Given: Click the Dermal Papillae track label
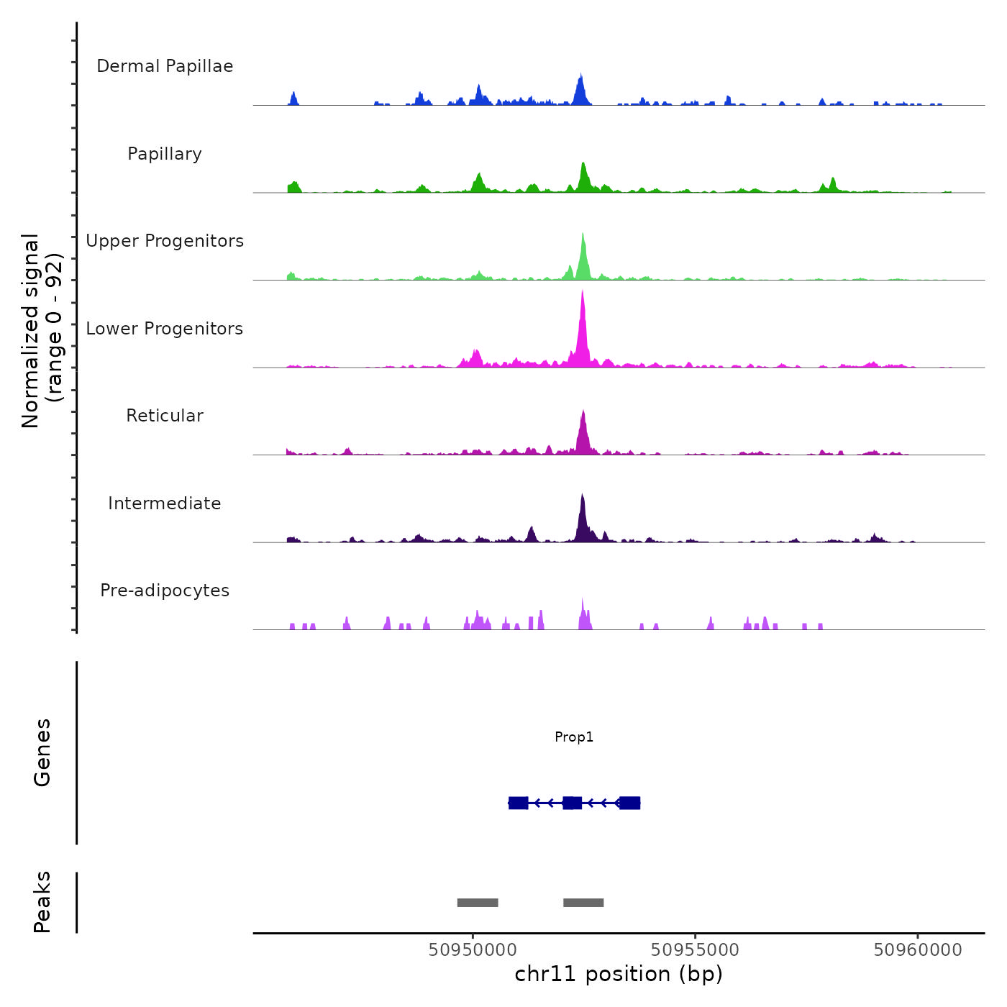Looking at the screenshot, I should tap(165, 66).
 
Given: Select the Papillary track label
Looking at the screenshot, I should tap(165, 154).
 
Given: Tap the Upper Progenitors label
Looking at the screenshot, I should tap(165, 241).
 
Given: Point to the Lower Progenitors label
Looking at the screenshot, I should tap(165, 329).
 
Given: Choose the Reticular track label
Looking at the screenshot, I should tap(165, 416).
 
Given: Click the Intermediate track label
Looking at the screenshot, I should tap(165, 503).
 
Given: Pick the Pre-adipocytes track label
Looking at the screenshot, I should tap(165, 591).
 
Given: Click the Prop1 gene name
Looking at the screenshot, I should tap(574, 737).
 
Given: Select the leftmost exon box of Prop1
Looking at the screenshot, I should tap(518, 803).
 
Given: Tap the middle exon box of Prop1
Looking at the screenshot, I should tap(572, 803).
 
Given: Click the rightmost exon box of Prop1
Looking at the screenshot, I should tap(629, 803).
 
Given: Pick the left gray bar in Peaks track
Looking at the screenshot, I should tap(478, 903).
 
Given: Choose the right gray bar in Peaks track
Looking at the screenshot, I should tap(583, 903).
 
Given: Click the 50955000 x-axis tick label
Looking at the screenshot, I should tap(695, 950).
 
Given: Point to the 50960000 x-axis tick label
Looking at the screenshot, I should tap(918, 950).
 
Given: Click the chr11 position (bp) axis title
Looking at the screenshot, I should tap(619, 974).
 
